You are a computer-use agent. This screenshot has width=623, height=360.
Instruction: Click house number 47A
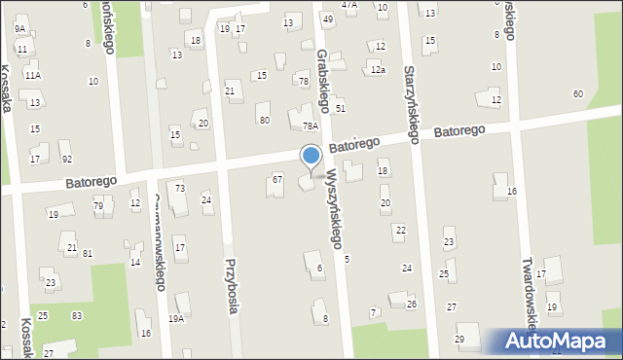[x=348, y=5]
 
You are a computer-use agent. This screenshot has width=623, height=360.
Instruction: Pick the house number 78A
[x=311, y=126]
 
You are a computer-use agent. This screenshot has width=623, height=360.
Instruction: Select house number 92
[x=66, y=159]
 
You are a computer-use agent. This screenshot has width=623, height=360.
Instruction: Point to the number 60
[x=578, y=93]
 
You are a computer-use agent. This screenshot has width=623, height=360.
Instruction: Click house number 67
[x=277, y=179]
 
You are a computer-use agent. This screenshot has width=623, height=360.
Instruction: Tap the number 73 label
[x=180, y=188]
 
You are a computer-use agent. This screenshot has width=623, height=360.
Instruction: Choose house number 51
[x=341, y=108]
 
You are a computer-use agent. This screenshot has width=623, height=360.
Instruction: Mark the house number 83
[x=77, y=316]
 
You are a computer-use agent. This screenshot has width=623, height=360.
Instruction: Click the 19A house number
[x=176, y=318]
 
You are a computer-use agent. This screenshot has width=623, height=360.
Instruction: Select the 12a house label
[x=378, y=70]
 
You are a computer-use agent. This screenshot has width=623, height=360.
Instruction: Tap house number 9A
[x=19, y=29]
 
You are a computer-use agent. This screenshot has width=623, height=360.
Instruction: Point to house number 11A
[x=33, y=75]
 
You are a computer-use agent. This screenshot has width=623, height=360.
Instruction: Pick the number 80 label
[x=264, y=120]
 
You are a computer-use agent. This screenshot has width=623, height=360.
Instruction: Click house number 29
[x=459, y=339]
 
